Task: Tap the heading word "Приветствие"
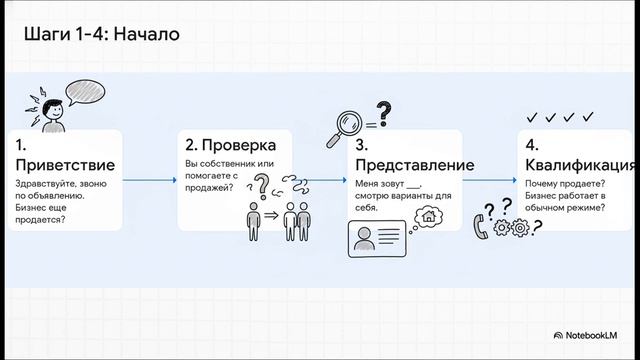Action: pos(65,164)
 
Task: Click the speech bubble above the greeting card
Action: pos(86,92)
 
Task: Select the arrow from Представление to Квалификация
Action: pos(489,180)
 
